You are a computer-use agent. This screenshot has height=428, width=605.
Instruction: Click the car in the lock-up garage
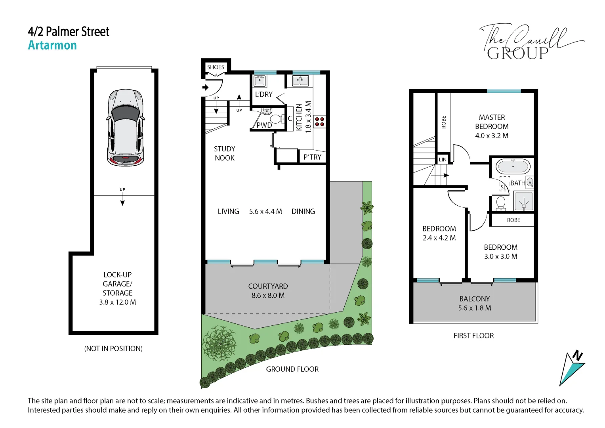126,128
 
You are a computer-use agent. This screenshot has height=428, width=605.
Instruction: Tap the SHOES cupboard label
216,67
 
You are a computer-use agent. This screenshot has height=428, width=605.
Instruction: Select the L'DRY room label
264,94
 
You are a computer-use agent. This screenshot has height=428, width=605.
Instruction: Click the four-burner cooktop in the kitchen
319,122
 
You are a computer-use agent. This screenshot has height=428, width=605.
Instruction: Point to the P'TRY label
313,157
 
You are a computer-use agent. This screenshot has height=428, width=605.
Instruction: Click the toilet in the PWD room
277,119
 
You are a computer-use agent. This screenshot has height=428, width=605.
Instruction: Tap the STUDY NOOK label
225,153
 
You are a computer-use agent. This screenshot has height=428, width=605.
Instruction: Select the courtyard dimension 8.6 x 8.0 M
268,295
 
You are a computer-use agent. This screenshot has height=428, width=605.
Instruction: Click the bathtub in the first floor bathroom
513,167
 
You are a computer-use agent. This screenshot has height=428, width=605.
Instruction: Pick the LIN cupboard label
443,160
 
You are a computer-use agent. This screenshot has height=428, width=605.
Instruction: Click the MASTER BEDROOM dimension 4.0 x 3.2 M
492,136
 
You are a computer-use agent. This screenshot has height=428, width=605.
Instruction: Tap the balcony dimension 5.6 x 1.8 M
475,308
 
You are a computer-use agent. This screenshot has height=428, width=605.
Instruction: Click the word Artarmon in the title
52,45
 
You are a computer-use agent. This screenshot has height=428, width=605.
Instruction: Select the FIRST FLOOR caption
474,336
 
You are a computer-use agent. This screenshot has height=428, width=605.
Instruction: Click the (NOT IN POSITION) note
113,349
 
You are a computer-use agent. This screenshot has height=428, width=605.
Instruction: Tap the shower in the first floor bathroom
524,201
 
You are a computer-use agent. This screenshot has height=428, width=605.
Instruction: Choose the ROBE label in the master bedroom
444,122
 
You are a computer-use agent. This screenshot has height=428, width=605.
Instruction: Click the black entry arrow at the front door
206,87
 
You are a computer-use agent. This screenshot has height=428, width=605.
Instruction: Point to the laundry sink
259,81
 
